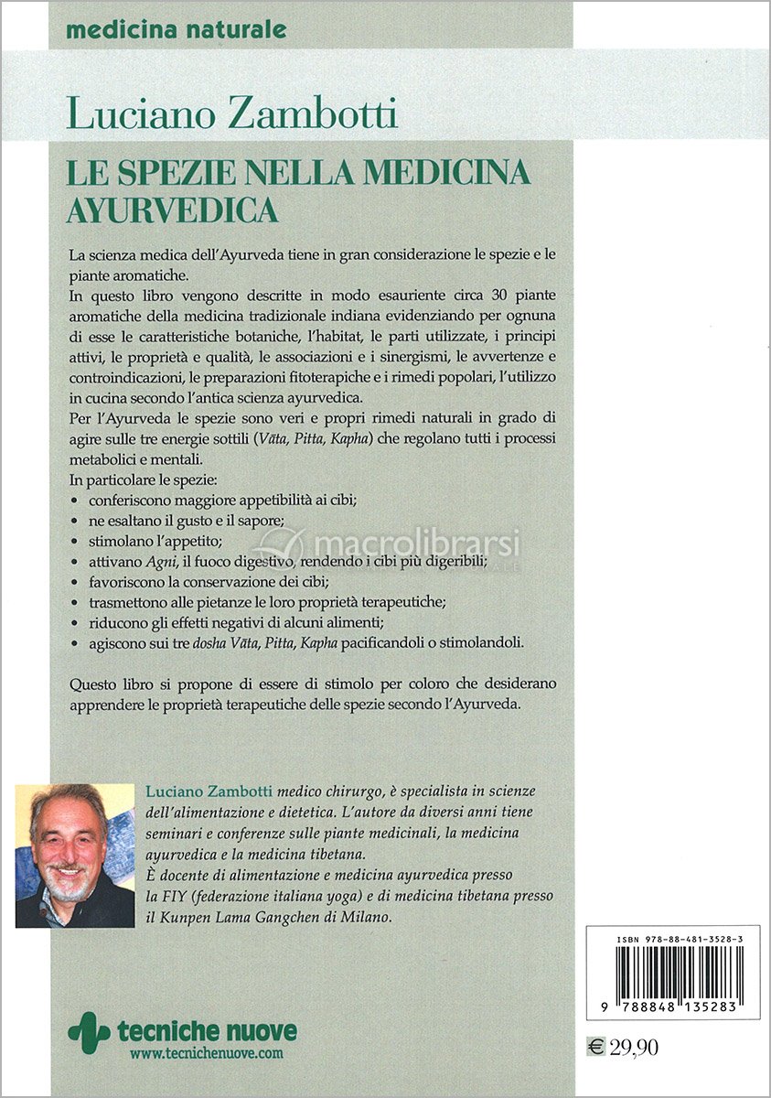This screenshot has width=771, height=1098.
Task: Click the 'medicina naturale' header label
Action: click(x=176, y=29)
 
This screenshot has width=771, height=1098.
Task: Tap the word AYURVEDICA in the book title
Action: click(x=172, y=210)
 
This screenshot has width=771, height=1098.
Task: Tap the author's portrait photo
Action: click(x=75, y=856)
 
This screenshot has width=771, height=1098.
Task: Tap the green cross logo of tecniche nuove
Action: click(x=89, y=1030)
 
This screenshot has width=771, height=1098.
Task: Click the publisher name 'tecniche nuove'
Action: click(x=207, y=1031)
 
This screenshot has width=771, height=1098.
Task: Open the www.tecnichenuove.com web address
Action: click(x=207, y=1054)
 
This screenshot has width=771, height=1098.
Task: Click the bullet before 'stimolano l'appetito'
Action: click(x=74, y=542)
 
